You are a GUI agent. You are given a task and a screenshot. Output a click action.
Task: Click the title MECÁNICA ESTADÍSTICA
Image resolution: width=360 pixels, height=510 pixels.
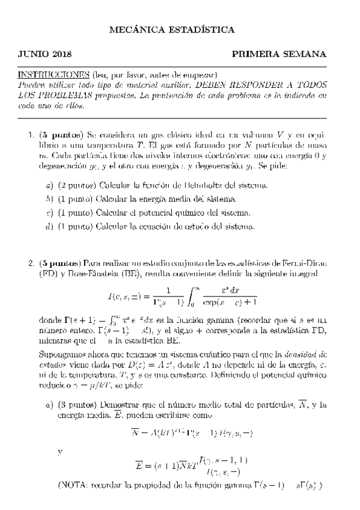[180, 29]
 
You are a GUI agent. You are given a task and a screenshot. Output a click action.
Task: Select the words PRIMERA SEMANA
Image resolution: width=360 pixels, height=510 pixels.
[278, 54]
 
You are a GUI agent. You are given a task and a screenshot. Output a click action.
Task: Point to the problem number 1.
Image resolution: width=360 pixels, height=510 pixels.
[31, 137]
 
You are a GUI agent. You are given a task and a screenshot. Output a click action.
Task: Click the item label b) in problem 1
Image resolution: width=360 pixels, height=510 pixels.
[50, 199]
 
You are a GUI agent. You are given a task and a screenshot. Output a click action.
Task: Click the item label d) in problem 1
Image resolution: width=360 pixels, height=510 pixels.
[50, 227]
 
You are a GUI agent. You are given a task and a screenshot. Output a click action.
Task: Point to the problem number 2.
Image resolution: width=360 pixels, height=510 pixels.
[31, 263]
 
